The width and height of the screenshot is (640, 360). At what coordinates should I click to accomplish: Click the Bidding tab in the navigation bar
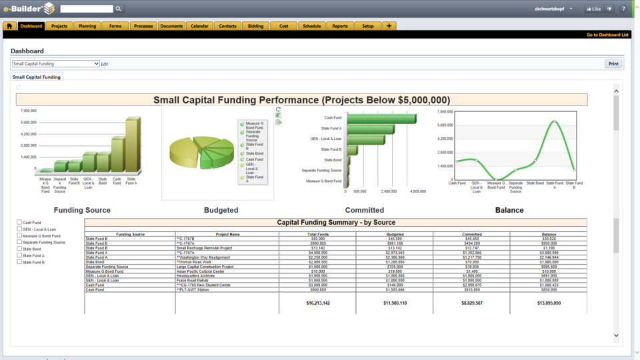(x=255, y=26)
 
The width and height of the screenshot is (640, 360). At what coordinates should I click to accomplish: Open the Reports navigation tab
(x=340, y=26)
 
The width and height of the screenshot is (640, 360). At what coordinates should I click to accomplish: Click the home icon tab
(x=9, y=26)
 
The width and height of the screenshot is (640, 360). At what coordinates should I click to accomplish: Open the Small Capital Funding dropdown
(x=55, y=64)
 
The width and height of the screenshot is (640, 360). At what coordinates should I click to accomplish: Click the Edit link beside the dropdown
(x=105, y=64)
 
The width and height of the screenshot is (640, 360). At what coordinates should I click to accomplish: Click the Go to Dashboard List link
(x=607, y=35)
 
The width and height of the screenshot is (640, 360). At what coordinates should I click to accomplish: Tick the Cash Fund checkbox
(x=19, y=222)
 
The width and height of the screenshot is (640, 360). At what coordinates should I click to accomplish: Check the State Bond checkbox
(x=19, y=249)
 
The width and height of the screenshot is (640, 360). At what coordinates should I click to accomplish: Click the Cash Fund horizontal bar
(x=380, y=119)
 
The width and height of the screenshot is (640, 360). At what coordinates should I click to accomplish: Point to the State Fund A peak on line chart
(x=555, y=121)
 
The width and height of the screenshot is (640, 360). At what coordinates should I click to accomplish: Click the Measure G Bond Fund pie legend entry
(x=254, y=124)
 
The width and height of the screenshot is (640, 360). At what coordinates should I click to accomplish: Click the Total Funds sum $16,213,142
(x=317, y=303)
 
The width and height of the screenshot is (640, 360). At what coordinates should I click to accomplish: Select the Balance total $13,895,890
(x=549, y=303)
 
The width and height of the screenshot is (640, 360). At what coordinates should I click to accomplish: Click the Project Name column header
(x=227, y=235)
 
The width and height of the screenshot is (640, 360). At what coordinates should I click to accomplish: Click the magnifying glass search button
(x=119, y=9)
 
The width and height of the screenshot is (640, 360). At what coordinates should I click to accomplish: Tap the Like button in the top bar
(x=593, y=9)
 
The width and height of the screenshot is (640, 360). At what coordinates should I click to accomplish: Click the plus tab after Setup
(x=389, y=26)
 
